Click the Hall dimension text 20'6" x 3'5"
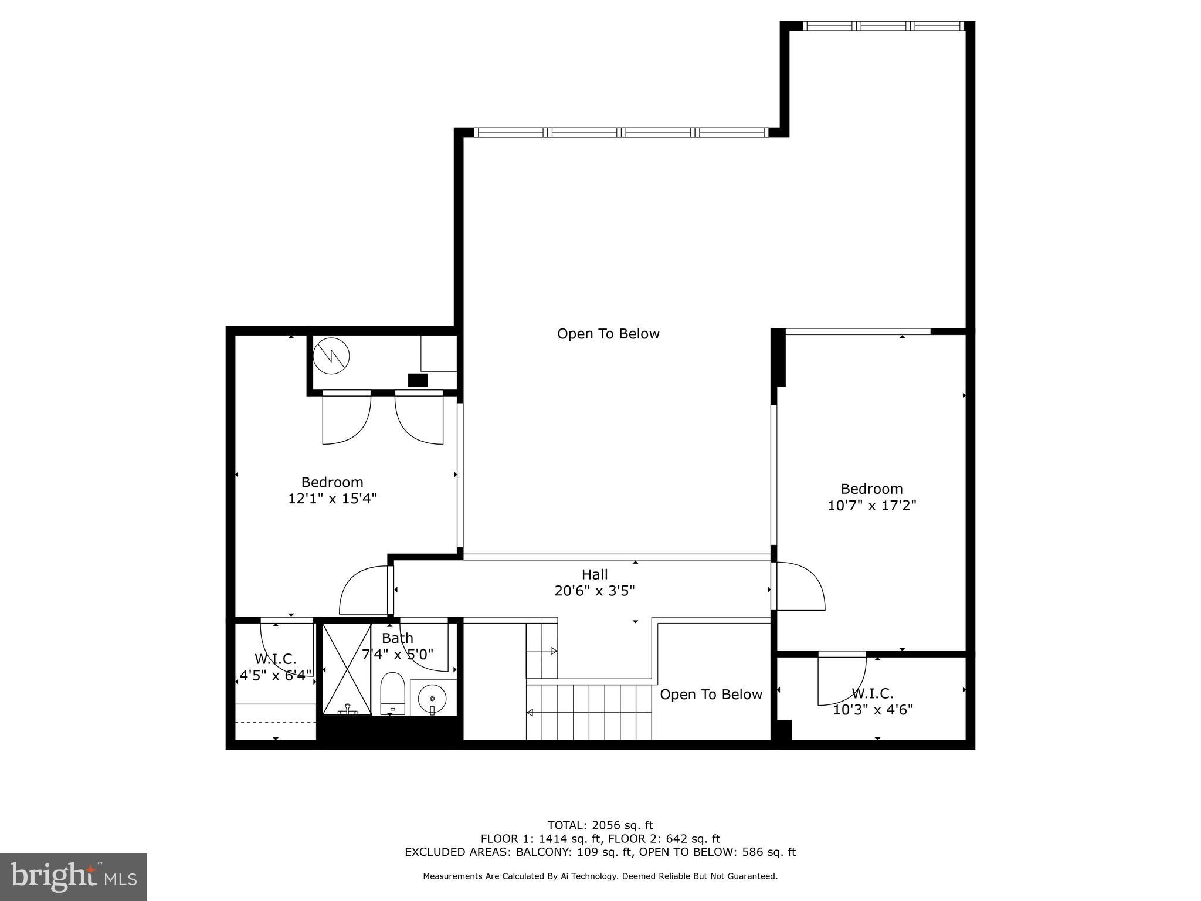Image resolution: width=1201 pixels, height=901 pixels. click(x=595, y=591)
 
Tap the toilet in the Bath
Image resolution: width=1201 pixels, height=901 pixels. click(x=392, y=693)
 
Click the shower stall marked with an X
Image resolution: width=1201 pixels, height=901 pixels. click(x=347, y=669)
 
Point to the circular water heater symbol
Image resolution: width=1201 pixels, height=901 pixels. click(x=331, y=355)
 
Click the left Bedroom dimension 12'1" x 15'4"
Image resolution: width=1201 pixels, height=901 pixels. click(x=332, y=499)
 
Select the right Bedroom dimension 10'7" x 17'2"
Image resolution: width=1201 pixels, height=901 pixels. click(x=871, y=505)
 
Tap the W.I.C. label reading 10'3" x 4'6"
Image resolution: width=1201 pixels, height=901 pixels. click(x=873, y=710)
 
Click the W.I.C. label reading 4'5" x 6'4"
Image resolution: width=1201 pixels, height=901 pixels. click(x=275, y=675)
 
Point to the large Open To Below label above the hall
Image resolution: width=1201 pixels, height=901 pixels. click(x=608, y=334)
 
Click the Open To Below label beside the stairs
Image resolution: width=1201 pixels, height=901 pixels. click(x=711, y=695)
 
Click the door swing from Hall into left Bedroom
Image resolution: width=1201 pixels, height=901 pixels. click(x=362, y=590)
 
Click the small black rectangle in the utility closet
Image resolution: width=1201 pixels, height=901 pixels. click(x=418, y=380)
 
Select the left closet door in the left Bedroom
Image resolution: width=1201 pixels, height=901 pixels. click(x=346, y=418)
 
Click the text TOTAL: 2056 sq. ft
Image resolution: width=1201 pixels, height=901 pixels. click(x=600, y=825)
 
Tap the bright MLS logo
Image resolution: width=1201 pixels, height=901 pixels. click(x=73, y=876)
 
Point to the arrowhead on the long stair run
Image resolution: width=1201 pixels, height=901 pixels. click(x=530, y=713)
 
